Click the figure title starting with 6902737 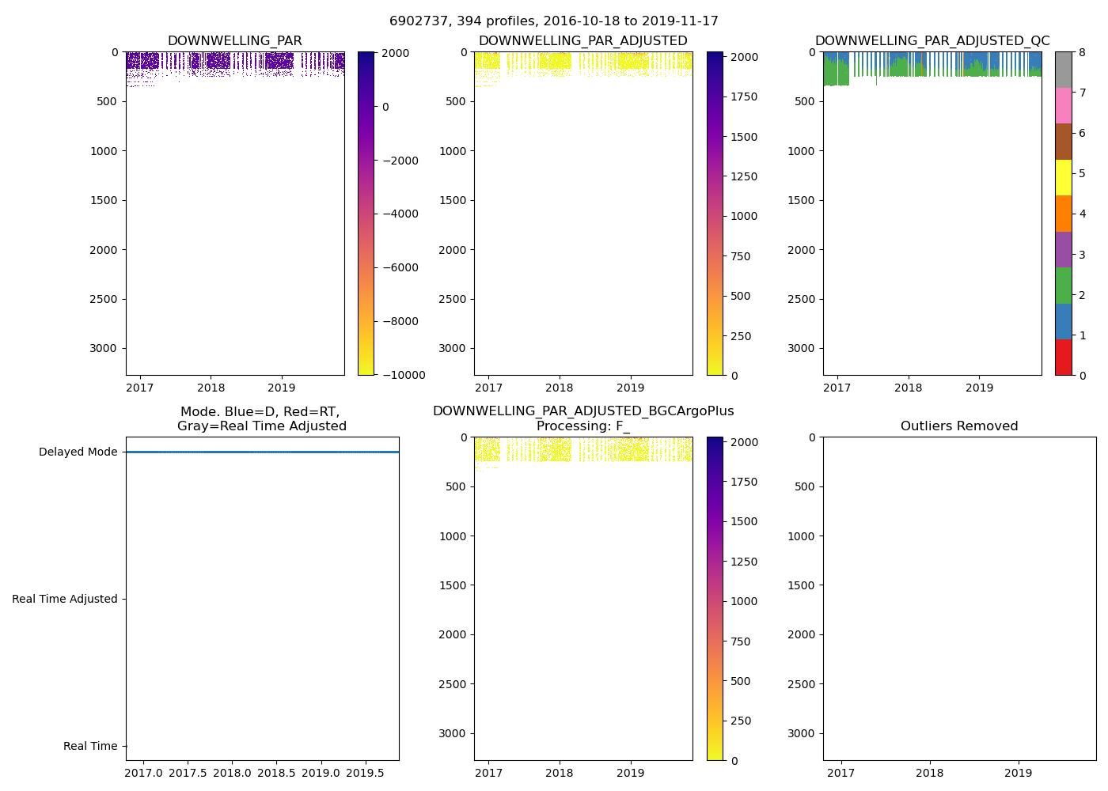pos(554,21)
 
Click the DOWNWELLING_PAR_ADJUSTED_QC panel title pos(932,41)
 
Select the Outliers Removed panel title pos(959,426)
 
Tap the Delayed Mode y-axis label pos(78,452)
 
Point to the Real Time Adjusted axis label pos(65,600)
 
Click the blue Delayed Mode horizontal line pos(262,452)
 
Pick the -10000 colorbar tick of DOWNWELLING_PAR pos(403,376)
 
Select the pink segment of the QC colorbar pos(1063,106)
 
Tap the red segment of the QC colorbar pos(1063,358)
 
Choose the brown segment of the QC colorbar pos(1063,142)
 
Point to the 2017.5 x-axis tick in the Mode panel pos(188,773)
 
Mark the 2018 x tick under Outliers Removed pos(929,773)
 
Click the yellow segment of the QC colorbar pos(1063,178)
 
